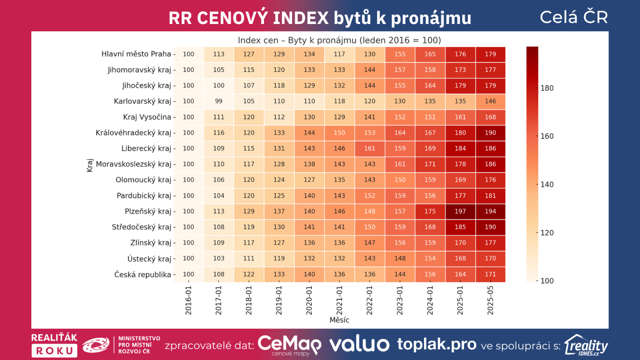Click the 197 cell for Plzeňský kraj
[460, 211]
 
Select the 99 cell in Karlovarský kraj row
[218, 101]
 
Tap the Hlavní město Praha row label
[136, 54]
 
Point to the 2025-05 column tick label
[490, 300]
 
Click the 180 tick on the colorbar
[547, 88]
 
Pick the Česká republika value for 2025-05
[490, 274]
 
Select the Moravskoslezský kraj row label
[134, 164]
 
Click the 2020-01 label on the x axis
[309, 300]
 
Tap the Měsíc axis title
[339, 320]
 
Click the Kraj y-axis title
[90, 165]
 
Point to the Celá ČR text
[574, 17]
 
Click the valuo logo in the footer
[359, 344]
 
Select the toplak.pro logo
[437, 344]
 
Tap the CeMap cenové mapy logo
[289, 345]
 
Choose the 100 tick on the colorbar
[547, 281]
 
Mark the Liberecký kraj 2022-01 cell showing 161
[370, 148]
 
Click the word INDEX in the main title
[301, 18]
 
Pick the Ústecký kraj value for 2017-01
[218, 258]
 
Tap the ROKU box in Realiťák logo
[54, 351]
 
